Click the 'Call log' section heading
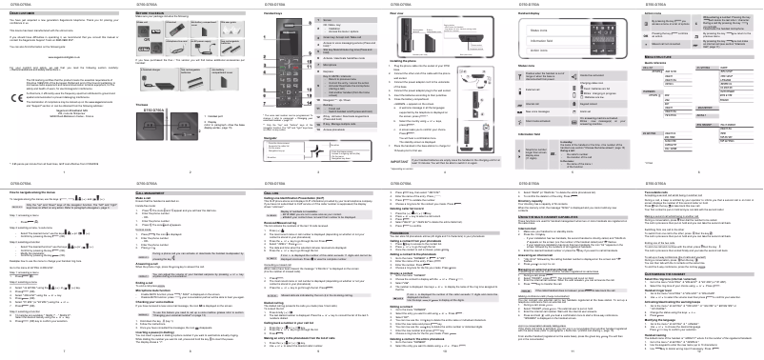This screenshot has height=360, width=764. [x=272, y=190]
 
